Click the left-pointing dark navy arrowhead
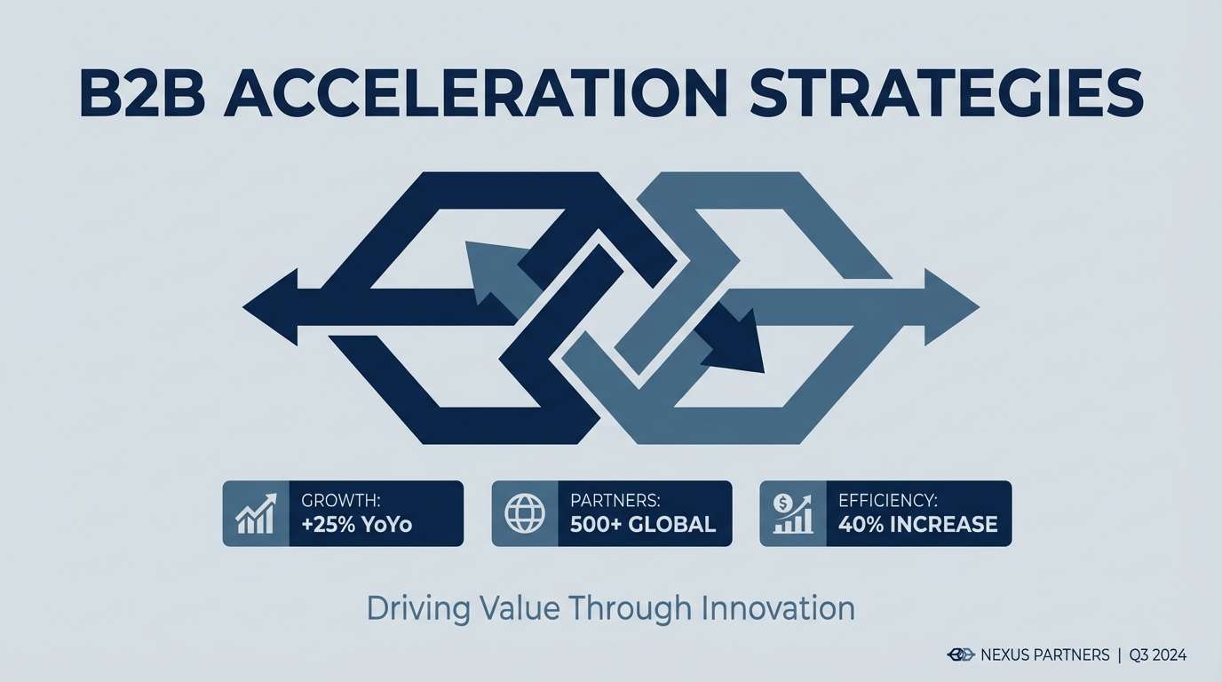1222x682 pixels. click(x=270, y=307)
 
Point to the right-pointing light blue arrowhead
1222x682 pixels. click(x=949, y=307)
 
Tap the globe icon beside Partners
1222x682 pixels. click(x=525, y=513)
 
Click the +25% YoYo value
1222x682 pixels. click(x=357, y=524)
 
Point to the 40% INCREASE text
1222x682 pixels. click(x=917, y=524)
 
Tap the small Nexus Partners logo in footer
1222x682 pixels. click(x=961, y=655)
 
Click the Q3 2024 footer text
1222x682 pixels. click(x=1158, y=655)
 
